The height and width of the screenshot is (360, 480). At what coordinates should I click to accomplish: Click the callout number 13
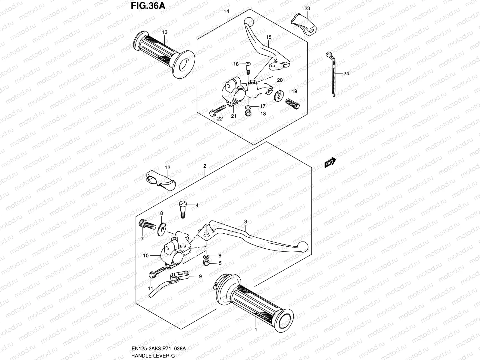tap(165, 32)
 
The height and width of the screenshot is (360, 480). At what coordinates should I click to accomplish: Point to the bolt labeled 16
tap(248, 67)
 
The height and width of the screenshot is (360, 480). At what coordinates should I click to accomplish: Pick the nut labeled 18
tap(248, 114)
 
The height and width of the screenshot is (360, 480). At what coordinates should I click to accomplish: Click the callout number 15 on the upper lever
tap(268, 37)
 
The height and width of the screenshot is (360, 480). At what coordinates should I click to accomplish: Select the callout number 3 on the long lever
tap(245, 221)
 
